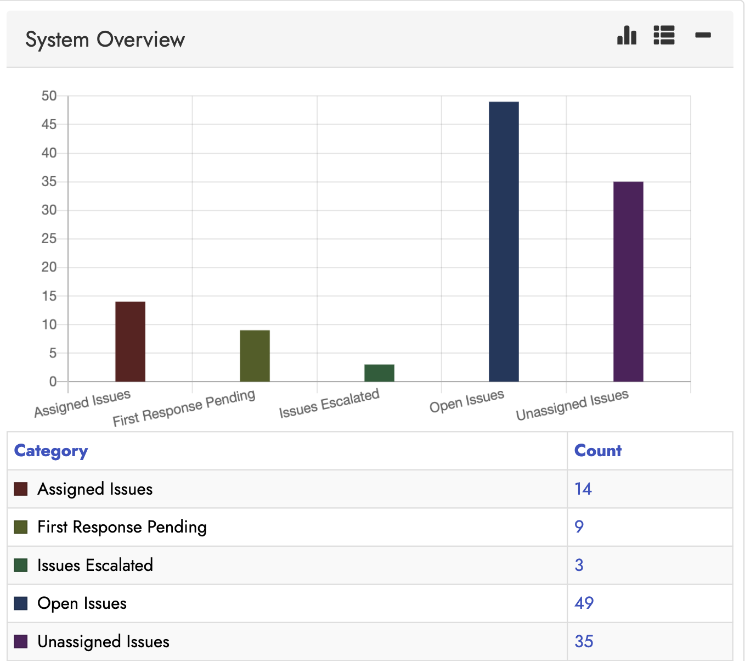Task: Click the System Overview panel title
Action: (105, 40)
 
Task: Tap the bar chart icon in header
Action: (627, 35)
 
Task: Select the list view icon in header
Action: (664, 35)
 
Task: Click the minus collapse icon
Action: (703, 35)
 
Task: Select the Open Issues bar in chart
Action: (504, 242)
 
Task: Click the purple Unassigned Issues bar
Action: (628, 281)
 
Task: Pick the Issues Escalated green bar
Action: (379, 373)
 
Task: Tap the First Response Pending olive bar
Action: (255, 356)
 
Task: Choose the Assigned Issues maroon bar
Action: (130, 341)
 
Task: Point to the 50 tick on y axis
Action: (49, 96)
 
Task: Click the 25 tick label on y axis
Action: (49, 239)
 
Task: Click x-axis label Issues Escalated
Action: (329, 404)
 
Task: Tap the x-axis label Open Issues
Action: (467, 401)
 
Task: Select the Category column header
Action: (51, 451)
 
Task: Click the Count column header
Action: (597, 451)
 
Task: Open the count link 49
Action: (584, 603)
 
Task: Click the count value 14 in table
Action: (583, 489)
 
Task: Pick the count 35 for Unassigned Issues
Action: (584, 641)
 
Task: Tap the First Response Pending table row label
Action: (122, 527)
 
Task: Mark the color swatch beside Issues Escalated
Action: (21, 565)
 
